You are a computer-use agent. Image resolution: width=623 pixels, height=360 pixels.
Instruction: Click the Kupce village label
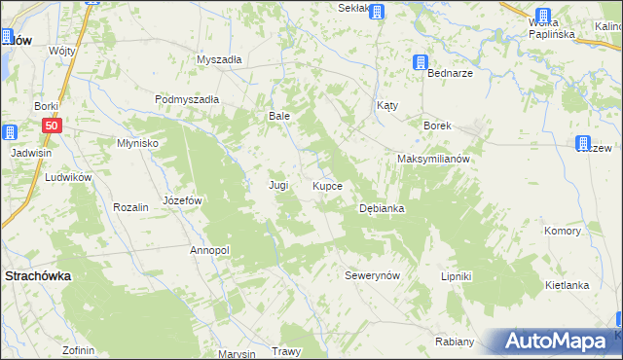327,185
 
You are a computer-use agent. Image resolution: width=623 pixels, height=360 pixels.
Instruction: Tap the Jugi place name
278,184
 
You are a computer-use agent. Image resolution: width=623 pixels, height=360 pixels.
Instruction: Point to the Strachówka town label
38,275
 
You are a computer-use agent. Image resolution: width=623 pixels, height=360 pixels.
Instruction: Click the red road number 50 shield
53,126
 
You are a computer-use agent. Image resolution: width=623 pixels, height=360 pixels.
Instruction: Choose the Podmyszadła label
187,99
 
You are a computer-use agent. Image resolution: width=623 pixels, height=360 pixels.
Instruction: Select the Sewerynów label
373,275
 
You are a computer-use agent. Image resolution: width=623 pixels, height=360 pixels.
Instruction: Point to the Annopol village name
209,250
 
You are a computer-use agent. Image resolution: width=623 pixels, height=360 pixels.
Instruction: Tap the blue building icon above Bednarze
421,63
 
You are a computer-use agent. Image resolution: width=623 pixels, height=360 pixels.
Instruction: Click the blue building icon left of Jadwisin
9,133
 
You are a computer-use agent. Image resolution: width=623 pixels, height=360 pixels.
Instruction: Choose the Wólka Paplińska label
551,27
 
